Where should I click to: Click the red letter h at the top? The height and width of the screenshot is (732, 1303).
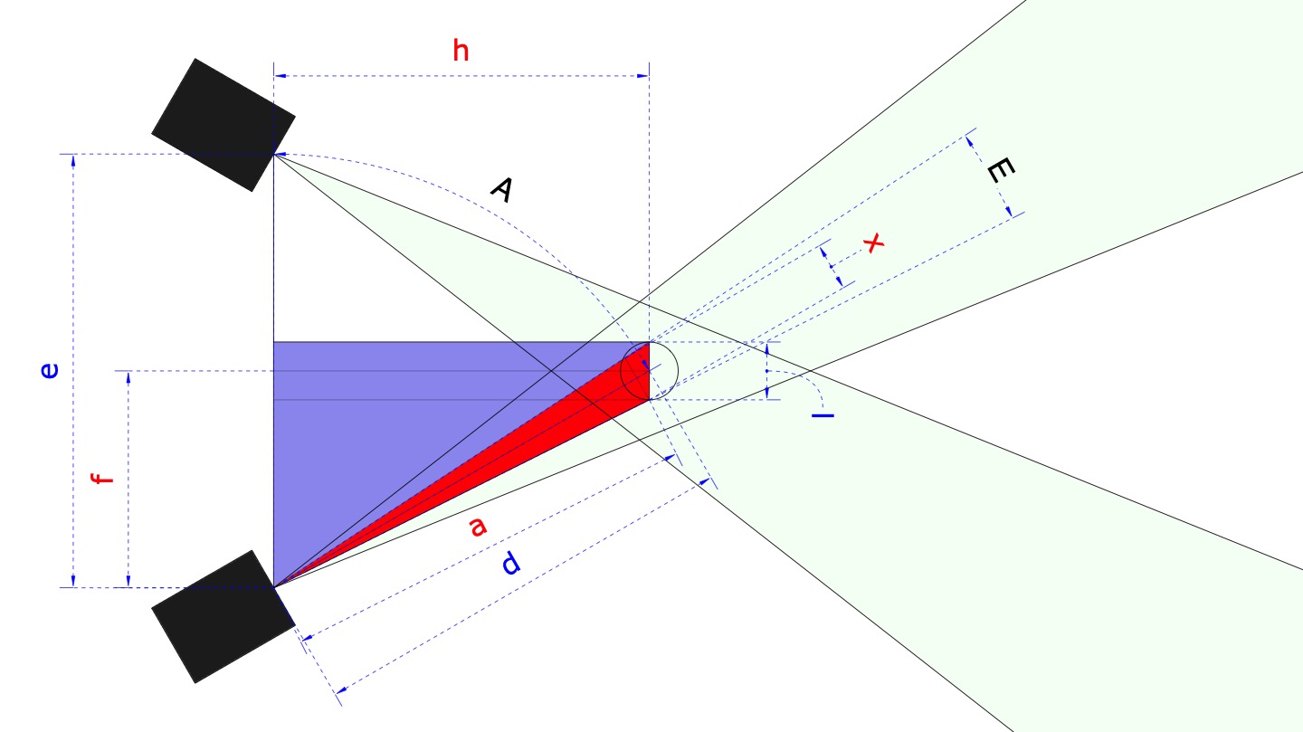461,52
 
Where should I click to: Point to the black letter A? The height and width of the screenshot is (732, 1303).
502,189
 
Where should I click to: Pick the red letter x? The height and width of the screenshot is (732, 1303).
872,242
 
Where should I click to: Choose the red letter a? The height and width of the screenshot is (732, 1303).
477,526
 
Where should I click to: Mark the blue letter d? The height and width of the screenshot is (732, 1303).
511,565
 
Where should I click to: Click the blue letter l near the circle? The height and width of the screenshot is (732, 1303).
823,415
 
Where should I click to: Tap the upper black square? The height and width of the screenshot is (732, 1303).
224,125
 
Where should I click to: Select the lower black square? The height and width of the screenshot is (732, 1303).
223,616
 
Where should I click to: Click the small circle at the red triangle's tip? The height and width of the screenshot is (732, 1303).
649,371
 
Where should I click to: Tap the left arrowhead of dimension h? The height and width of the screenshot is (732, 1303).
280,76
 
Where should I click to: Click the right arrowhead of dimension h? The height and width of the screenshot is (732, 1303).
643,76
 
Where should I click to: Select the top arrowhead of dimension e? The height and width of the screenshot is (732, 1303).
72,160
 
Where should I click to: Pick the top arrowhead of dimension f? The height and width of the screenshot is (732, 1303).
128,377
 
